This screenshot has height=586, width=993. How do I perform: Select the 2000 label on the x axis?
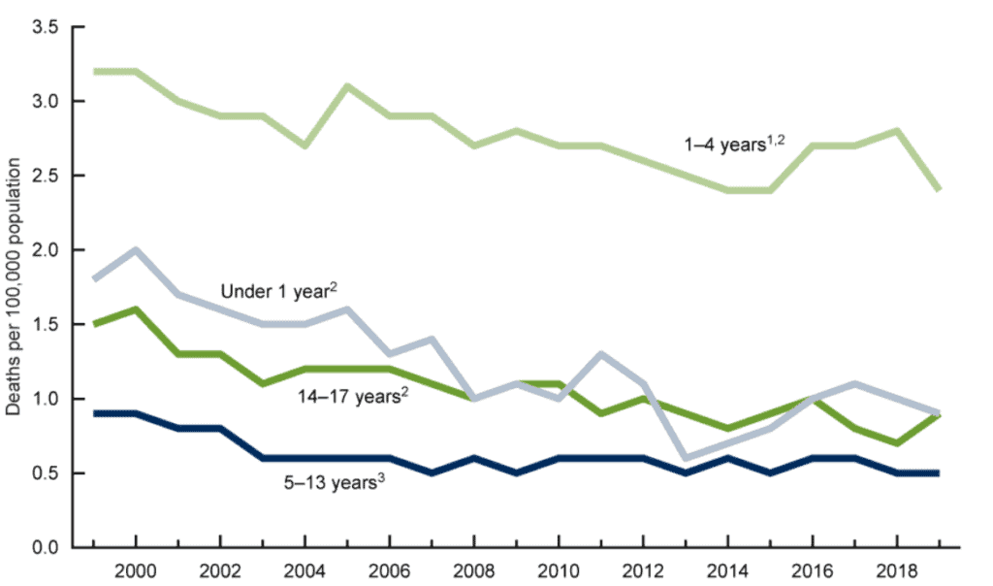(x=136, y=567)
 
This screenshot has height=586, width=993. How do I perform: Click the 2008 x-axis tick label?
(x=473, y=567)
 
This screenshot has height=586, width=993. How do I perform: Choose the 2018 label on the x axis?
(x=897, y=567)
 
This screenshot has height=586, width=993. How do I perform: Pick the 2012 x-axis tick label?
(x=643, y=567)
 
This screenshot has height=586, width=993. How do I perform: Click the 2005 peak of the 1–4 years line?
(x=347, y=85)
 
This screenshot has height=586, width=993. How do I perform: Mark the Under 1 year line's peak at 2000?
(x=136, y=249)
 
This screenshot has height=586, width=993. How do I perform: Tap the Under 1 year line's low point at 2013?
(x=686, y=458)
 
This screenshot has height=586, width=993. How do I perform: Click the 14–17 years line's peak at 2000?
(x=136, y=309)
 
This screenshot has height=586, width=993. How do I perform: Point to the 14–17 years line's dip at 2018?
(x=897, y=443)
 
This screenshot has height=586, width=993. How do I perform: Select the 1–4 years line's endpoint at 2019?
(x=939, y=190)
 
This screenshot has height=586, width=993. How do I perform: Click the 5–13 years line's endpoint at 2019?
(x=939, y=473)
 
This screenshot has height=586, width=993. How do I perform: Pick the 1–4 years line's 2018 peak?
(x=897, y=130)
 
